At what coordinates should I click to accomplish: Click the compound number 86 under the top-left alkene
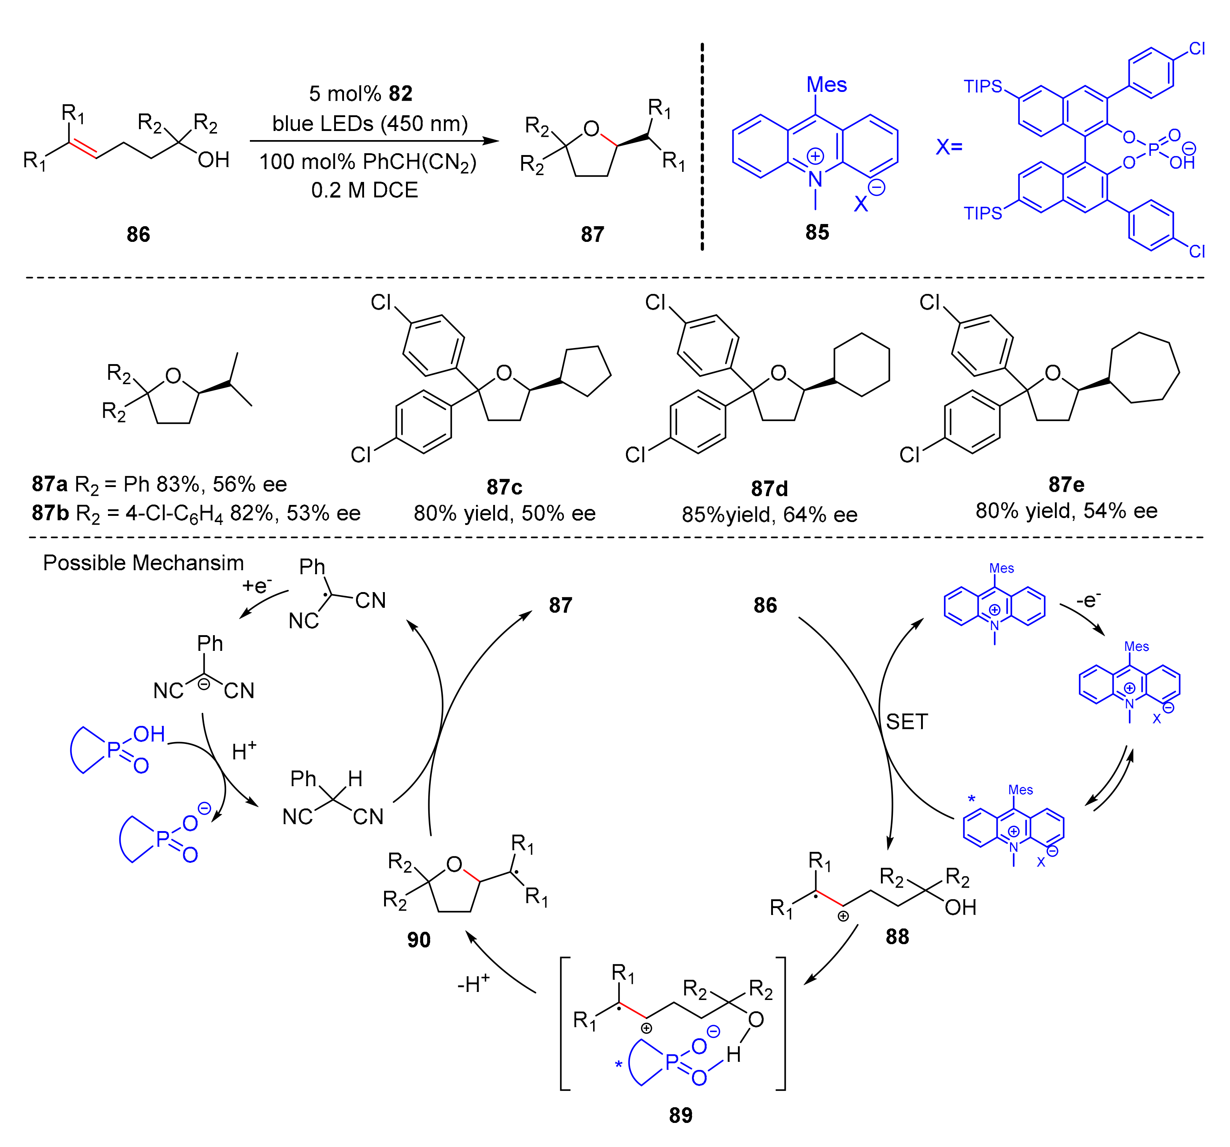point(138,235)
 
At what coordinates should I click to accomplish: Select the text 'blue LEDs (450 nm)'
point(370,124)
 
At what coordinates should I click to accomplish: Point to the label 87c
point(504,487)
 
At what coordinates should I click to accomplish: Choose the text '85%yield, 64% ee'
point(769,515)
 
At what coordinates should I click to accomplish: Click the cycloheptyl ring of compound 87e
point(1144,369)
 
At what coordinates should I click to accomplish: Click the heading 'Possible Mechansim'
point(144,563)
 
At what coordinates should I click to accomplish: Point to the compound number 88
point(897,936)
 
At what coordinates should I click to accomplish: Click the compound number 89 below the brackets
point(681,1116)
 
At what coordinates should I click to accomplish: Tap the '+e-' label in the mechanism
point(257,585)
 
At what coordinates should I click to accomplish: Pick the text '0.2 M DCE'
point(364,190)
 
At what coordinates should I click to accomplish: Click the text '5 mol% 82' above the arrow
point(361,93)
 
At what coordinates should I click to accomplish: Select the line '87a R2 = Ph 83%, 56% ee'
point(160,484)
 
